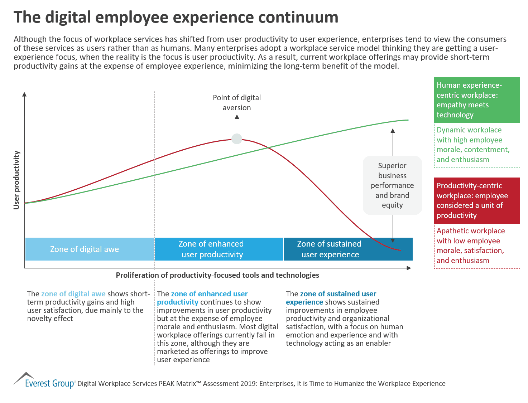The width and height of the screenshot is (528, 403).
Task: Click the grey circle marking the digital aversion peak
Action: (237, 139)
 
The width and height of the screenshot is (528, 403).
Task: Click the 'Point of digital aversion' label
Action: (237, 103)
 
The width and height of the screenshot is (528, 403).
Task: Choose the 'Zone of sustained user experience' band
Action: (330, 249)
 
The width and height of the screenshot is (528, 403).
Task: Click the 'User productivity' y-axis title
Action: (16, 180)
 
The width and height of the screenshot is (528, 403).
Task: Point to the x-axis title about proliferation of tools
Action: (217, 275)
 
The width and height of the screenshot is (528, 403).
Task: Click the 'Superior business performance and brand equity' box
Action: (392, 185)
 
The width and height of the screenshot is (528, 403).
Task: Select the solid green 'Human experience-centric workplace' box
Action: (476, 100)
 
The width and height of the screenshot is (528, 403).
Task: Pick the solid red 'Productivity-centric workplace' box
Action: (476, 201)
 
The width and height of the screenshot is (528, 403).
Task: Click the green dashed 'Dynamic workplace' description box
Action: (476, 145)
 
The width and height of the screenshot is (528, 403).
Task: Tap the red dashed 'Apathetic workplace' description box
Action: (476, 246)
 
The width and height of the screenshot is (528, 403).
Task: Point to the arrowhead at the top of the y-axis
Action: (24, 94)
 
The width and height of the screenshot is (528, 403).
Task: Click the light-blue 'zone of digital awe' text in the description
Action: (73, 294)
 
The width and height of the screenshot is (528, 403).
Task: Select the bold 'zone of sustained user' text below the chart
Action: (338, 294)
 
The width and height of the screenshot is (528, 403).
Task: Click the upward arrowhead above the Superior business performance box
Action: (393, 131)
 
